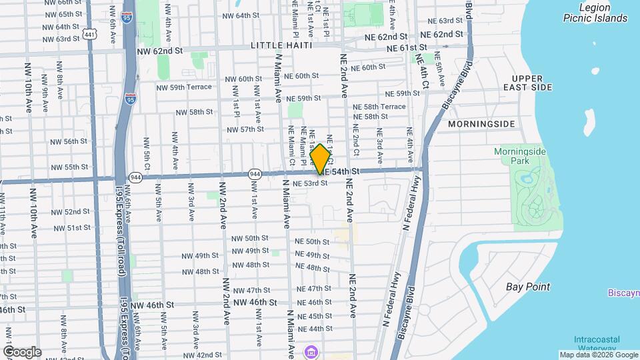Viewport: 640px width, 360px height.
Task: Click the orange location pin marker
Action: (321, 159)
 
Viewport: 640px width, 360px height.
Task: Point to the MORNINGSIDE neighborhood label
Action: (481, 124)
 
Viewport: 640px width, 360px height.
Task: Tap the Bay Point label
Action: (528, 287)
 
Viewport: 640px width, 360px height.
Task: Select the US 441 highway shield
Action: (88, 33)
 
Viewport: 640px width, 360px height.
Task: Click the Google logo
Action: (22, 351)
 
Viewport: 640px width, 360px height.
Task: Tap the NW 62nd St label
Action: (159, 50)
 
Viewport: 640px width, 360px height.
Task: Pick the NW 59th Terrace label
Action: (183, 87)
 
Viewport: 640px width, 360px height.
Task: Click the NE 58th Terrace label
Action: (379, 107)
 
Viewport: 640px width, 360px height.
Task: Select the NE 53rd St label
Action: (310, 183)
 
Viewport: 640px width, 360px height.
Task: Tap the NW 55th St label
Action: (70, 167)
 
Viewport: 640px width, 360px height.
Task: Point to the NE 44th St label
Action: (315, 329)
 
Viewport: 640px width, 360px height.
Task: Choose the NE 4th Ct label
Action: (421, 65)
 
